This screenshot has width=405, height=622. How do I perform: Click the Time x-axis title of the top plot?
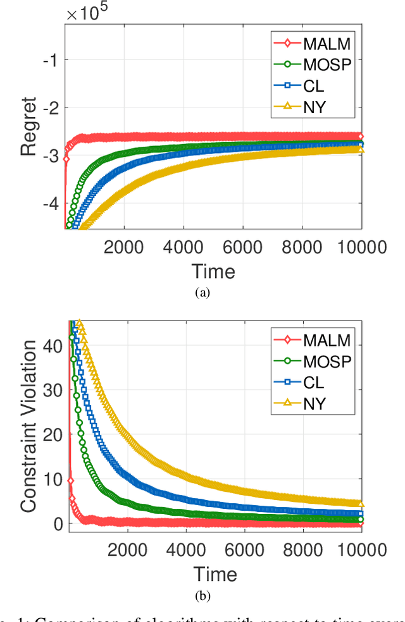pyautogui.click(x=213, y=271)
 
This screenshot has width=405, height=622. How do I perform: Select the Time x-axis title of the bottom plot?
pyautogui.click(x=213, y=574)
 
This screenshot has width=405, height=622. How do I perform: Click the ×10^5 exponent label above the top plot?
pyautogui.click(x=86, y=14)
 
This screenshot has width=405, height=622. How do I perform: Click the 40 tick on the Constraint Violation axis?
pyautogui.click(x=53, y=346)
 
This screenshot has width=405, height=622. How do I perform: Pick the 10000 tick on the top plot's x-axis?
pyautogui.click(x=361, y=246)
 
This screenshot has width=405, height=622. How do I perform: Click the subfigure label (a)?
pyautogui.click(x=202, y=292)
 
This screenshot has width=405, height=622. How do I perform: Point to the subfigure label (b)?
pyautogui.click(x=202, y=595)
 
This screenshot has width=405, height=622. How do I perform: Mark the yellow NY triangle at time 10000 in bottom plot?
pyautogui.click(x=361, y=504)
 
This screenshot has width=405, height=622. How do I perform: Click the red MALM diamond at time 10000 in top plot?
pyautogui.click(x=361, y=136)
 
